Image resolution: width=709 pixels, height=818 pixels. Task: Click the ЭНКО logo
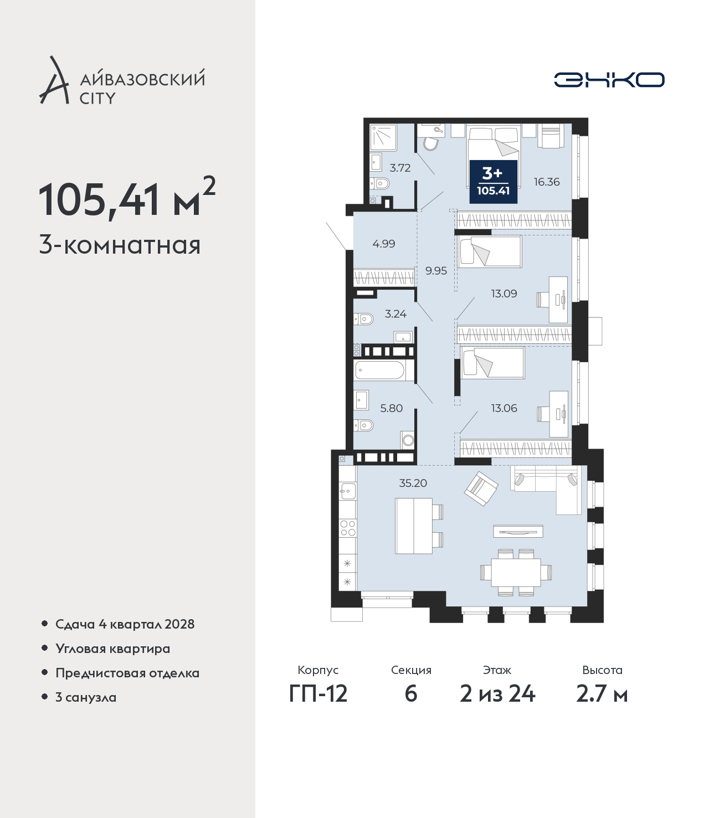point(609,80)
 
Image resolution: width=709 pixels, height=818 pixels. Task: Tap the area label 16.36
point(546,182)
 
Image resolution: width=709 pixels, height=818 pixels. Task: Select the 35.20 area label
point(413,483)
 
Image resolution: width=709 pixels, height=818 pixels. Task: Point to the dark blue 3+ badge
point(493,182)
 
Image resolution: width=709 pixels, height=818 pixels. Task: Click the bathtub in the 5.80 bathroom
point(380,370)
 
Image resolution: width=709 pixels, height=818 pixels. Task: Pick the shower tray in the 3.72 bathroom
point(383,137)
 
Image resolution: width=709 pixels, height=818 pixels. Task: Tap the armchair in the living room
point(481,488)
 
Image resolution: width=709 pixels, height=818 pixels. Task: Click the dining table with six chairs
point(516,572)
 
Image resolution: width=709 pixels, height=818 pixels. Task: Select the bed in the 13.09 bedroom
point(490,251)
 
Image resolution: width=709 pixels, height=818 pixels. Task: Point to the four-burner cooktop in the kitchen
point(347,528)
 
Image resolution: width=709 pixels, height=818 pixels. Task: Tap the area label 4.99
point(384,244)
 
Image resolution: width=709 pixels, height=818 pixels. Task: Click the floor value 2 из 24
point(497,693)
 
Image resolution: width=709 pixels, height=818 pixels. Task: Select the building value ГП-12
point(318,693)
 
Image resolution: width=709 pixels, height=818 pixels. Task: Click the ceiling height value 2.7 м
point(602,693)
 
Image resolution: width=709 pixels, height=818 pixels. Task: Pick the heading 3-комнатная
point(120,246)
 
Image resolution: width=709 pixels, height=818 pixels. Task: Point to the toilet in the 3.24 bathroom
point(363,318)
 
